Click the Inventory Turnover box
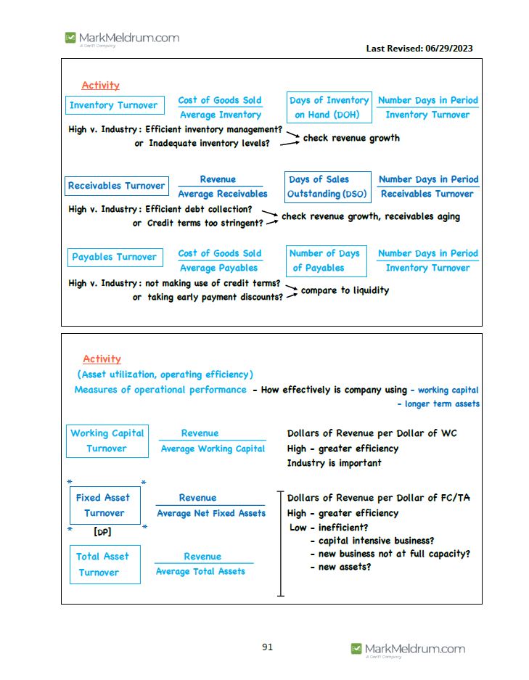[x=114, y=105]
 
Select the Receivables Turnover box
[x=116, y=186]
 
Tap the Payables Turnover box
[x=114, y=257]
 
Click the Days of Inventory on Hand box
[x=329, y=107]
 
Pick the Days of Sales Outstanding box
[x=327, y=187]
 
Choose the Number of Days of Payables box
[x=326, y=261]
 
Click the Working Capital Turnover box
[x=107, y=441]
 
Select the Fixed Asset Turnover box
[x=104, y=505]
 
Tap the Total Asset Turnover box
[x=102, y=565]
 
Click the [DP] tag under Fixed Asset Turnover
[x=102, y=532]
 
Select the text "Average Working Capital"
[x=213, y=448]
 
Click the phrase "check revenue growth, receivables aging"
[x=370, y=216]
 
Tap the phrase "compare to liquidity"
[x=345, y=290]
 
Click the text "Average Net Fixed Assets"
[x=211, y=513]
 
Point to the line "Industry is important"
[x=334, y=463]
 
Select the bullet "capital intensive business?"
[x=376, y=541]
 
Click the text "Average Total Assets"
[x=200, y=571]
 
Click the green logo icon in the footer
[x=356, y=648]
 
